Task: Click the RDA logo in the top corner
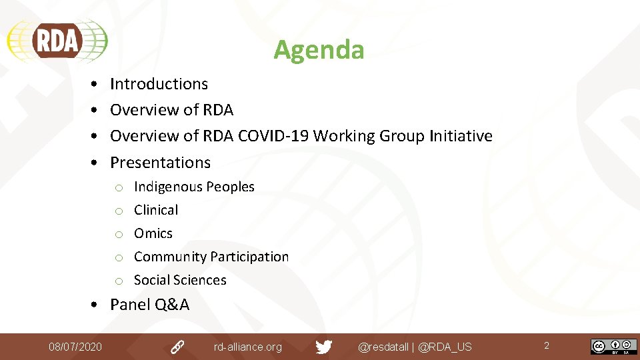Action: pos(57,41)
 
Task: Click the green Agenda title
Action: pos(319,50)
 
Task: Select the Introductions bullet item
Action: pos(159,84)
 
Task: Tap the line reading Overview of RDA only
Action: pos(171,110)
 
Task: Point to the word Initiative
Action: pos(461,136)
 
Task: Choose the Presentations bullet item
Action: pos(160,163)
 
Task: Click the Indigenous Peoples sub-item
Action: pos(194,187)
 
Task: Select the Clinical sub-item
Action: pos(156,210)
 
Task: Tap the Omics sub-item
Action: pos(153,233)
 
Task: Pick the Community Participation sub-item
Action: pos(211,257)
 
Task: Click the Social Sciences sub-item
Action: pos(180,280)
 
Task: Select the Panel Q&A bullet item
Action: pos(149,305)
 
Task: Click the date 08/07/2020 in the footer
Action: pos(75,347)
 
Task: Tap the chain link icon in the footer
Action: pos(177,347)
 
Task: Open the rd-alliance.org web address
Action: pos(247,347)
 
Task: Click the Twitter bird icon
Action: pos(324,347)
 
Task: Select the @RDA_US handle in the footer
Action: pos(445,347)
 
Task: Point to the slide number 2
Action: pos(547,345)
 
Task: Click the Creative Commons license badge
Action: pos(613,347)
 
